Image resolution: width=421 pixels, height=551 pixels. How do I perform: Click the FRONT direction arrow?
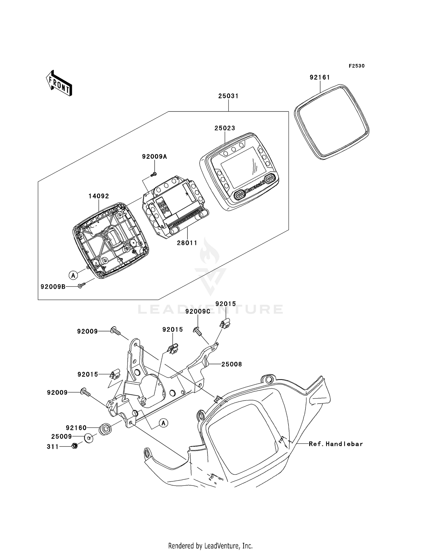59,83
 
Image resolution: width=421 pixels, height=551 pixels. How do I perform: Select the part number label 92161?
320,77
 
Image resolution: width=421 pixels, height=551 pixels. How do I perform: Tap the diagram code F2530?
357,66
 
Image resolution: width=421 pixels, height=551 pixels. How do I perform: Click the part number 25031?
228,96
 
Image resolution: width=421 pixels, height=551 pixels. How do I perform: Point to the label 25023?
225,128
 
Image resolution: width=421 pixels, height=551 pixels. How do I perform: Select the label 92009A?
154,157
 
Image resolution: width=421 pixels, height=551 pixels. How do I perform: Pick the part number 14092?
99,196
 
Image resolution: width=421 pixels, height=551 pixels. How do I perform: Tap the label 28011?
187,243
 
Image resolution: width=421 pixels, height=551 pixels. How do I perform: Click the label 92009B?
53,287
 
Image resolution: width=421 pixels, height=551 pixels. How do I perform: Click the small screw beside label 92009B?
81,286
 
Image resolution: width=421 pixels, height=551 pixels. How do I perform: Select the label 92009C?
198,311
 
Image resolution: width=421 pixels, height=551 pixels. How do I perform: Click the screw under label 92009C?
198,331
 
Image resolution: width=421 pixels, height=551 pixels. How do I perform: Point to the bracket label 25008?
232,364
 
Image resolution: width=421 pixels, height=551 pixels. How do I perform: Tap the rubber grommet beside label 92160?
105,430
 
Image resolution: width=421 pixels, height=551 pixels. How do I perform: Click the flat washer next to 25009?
89,438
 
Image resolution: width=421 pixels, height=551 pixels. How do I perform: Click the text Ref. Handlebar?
336,444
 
